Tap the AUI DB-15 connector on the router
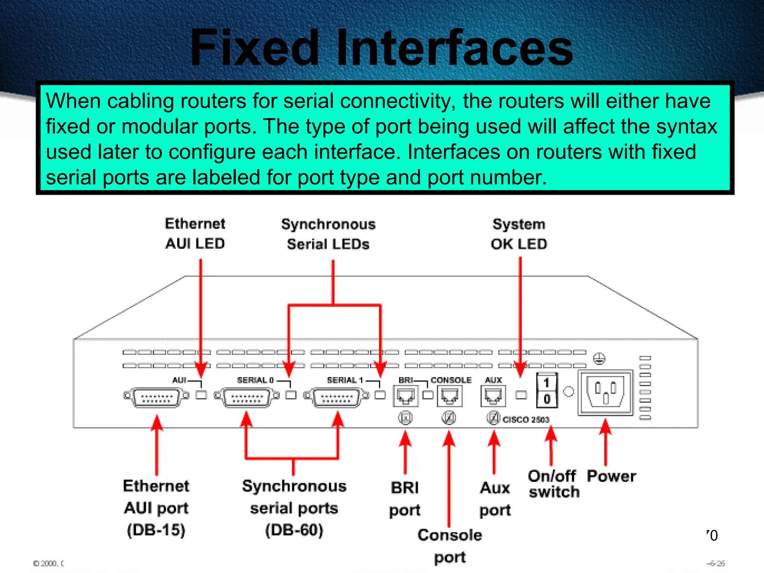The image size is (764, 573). (156, 397)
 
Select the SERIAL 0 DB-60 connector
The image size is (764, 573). (246, 397)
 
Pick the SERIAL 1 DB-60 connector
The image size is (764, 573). (336, 397)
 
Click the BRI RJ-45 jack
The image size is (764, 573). (406, 396)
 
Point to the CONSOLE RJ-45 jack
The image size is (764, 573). (450, 396)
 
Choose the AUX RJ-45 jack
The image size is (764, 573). (493, 396)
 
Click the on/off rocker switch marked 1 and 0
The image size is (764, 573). (547, 390)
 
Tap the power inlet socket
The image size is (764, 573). (605, 392)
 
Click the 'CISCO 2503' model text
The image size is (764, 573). (526, 420)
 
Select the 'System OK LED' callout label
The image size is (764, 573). (519, 234)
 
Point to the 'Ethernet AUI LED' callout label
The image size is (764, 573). (195, 234)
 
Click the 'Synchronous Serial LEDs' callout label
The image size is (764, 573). (328, 234)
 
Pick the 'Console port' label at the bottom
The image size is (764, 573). (450, 546)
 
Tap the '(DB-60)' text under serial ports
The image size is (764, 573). (294, 530)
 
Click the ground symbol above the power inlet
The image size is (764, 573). (599, 359)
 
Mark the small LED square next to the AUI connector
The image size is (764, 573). (201, 395)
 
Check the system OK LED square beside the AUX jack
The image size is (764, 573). (521, 395)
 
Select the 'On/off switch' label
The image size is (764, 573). (553, 484)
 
